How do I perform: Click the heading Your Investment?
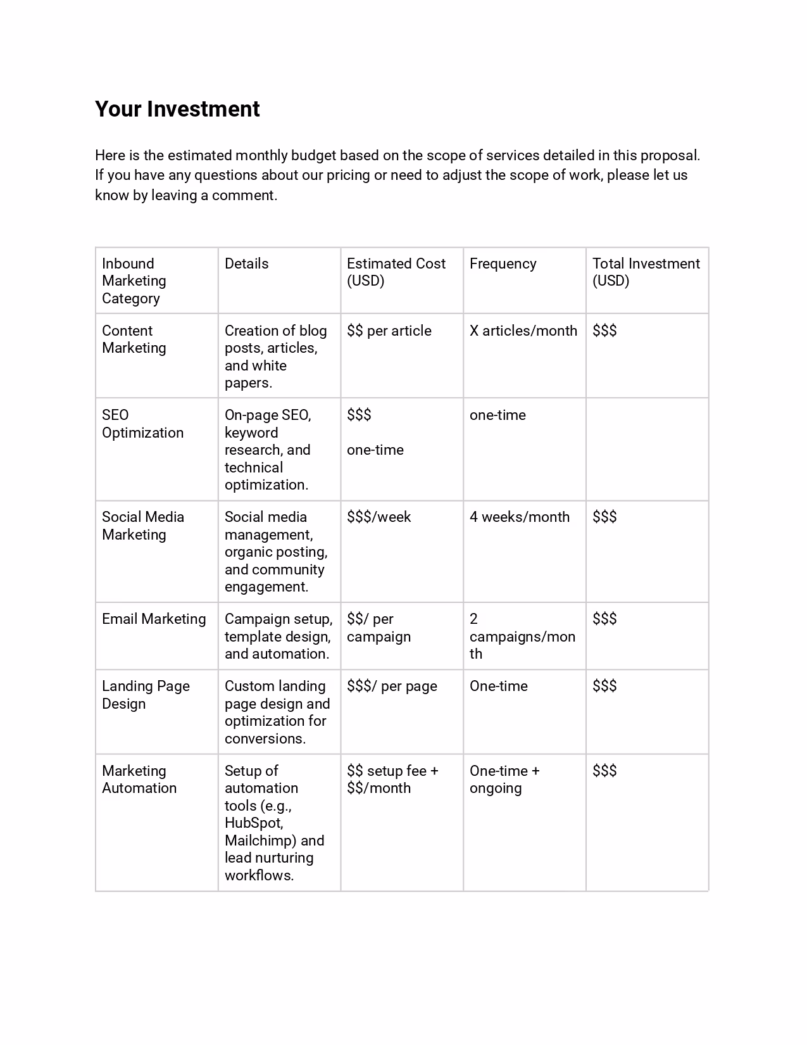pyautogui.click(x=177, y=109)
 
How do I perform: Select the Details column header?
pyautogui.click(x=246, y=263)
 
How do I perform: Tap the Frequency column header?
pyautogui.click(x=503, y=263)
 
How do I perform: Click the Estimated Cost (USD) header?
pyautogui.click(x=396, y=272)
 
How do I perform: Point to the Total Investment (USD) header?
pyautogui.click(x=646, y=272)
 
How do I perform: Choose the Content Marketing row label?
pyautogui.click(x=134, y=339)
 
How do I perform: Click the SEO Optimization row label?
pyautogui.click(x=142, y=424)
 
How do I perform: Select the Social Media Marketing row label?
pyautogui.click(x=142, y=526)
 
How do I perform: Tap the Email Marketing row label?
pyautogui.click(x=154, y=619)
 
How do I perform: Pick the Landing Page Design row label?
pyautogui.click(x=146, y=695)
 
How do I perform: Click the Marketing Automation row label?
pyautogui.click(x=139, y=780)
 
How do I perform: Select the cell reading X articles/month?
pyautogui.click(x=523, y=331)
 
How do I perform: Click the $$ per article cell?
pyautogui.click(x=389, y=331)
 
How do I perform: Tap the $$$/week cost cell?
pyautogui.click(x=378, y=517)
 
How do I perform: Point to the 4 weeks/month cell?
pyautogui.click(x=519, y=517)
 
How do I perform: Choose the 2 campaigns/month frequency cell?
pyautogui.click(x=522, y=636)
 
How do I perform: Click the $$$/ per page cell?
pyautogui.click(x=392, y=686)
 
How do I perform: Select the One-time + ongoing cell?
pyautogui.click(x=504, y=780)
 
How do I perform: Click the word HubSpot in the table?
pyautogui.click(x=253, y=823)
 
